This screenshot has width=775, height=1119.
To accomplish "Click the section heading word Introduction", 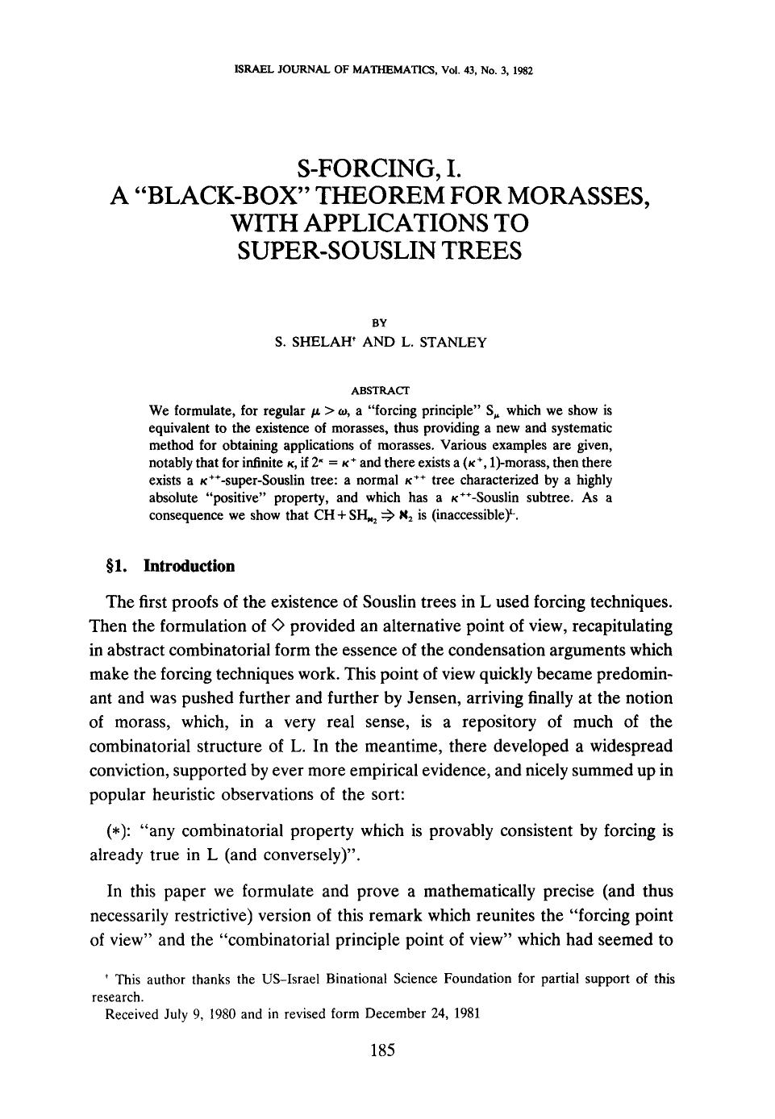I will click(189, 566).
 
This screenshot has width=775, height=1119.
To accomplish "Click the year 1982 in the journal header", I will click(523, 70).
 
